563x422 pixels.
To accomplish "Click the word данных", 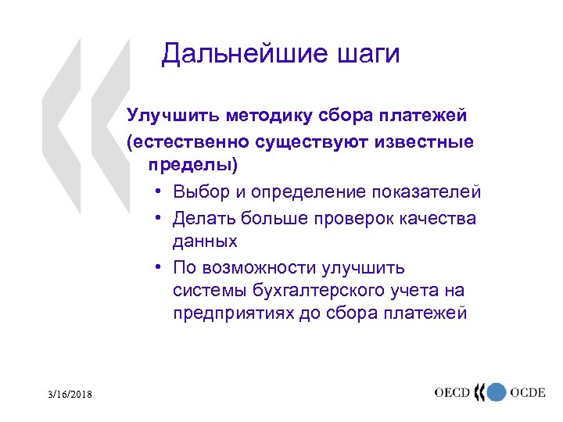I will point(205,242).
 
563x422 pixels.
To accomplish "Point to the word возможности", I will point(258,267).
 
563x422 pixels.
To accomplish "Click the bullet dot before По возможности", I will point(158,267).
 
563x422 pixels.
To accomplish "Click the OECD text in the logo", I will point(453,392).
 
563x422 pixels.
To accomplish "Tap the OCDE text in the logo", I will point(528,392).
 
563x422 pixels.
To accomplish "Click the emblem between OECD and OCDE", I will point(491,392).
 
